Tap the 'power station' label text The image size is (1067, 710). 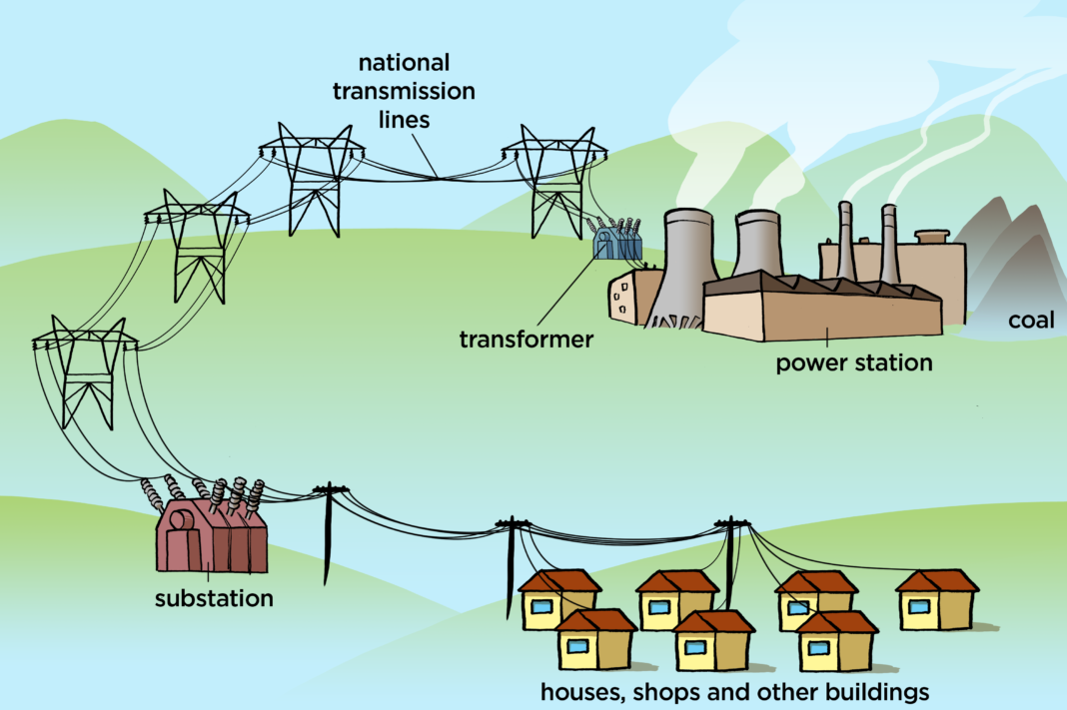[854, 361]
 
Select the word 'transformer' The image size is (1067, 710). [526, 340]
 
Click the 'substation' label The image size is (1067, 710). [213, 599]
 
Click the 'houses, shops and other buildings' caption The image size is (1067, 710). [734, 691]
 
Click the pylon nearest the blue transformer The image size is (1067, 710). [552, 180]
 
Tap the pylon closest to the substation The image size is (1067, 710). [84, 369]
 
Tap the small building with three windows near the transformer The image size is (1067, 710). [625, 297]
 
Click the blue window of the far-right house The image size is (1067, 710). [918, 606]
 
